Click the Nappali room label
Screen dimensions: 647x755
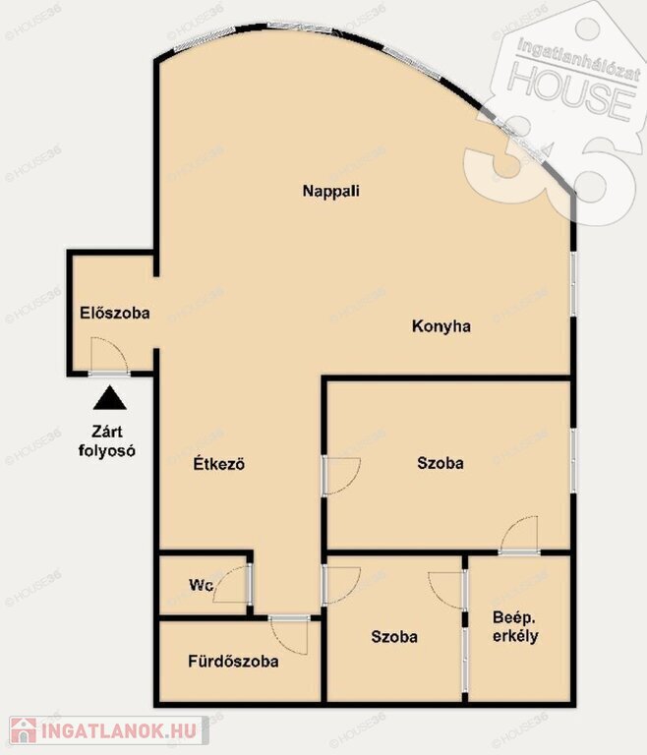(x=331, y=191)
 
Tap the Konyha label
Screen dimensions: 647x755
(x=441, y=326)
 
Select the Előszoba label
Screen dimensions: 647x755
(x=115, y=313)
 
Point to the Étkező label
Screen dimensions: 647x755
(x=219, y=464)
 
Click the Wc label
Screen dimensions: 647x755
(x=201, y=585)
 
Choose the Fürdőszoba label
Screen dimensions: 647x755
(x=233, y=661)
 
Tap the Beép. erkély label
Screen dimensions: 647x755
(x=515, y=626)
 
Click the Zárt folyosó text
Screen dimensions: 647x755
(x=107, y=441)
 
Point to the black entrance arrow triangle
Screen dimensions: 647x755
(x=110, y=398)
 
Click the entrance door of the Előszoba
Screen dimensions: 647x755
(x=109, y=356)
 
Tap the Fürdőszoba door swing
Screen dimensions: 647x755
(x=289, y=636)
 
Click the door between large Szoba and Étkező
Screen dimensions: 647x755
(x=341, y=476)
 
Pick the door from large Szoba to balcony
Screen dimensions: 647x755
(x=519, y=536)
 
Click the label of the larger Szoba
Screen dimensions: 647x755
(x=441, y=463)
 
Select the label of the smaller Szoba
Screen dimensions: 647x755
(x=394, y=637)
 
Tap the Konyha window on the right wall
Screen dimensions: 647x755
(x=573, y=283)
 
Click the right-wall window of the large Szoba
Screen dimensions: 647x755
(x=573, y=460)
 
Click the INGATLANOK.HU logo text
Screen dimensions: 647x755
(x=119, y=731)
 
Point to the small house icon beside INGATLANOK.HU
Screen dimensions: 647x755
(x=24, y=730)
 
